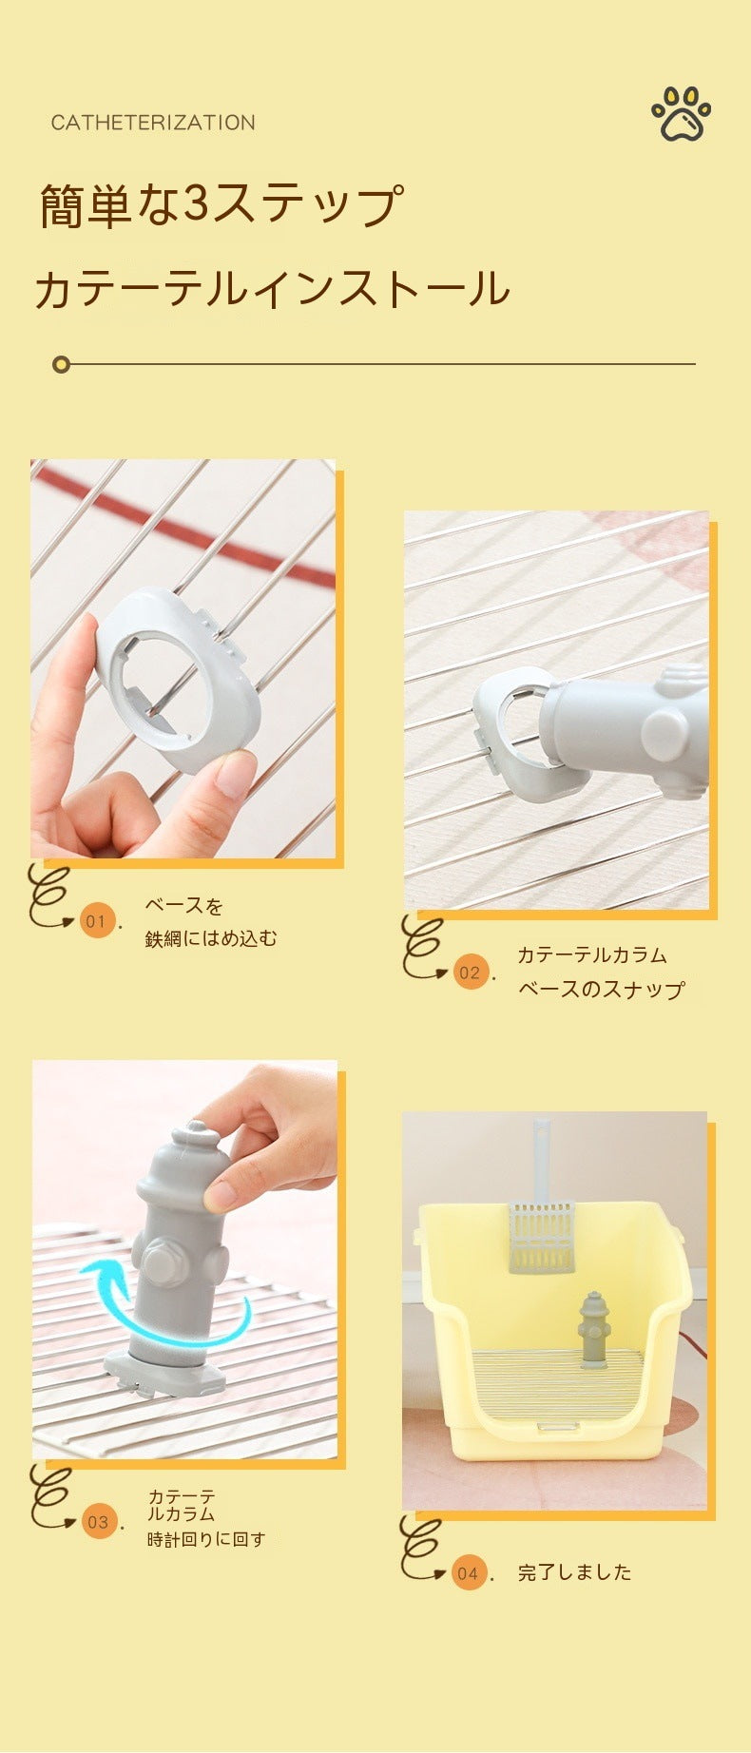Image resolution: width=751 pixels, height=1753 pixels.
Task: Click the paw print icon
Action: click(682, 114)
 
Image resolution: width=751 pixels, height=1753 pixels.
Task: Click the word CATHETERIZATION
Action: click(153, 123)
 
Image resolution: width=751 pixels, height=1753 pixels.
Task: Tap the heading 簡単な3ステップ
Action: click(221, 205)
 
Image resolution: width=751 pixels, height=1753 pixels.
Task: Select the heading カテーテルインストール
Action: click(272, 289)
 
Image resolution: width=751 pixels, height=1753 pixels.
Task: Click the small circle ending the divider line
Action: click(62, 364)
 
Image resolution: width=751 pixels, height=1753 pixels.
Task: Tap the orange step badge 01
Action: click(97, 920)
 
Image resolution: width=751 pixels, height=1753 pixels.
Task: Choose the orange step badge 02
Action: click(470, 972)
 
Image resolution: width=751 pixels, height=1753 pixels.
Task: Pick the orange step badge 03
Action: click(99, 1522)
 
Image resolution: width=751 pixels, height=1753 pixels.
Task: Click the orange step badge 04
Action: click(468, 1573)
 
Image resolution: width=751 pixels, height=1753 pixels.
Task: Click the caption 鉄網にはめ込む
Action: click(211, 938)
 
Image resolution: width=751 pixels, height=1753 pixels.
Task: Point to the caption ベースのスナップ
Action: click(601, 989)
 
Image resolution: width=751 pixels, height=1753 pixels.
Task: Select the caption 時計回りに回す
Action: click(206, 1539)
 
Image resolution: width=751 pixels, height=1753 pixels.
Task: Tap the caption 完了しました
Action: click(575, 1572)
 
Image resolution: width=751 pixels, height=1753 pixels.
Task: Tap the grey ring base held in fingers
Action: click(177, 680)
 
